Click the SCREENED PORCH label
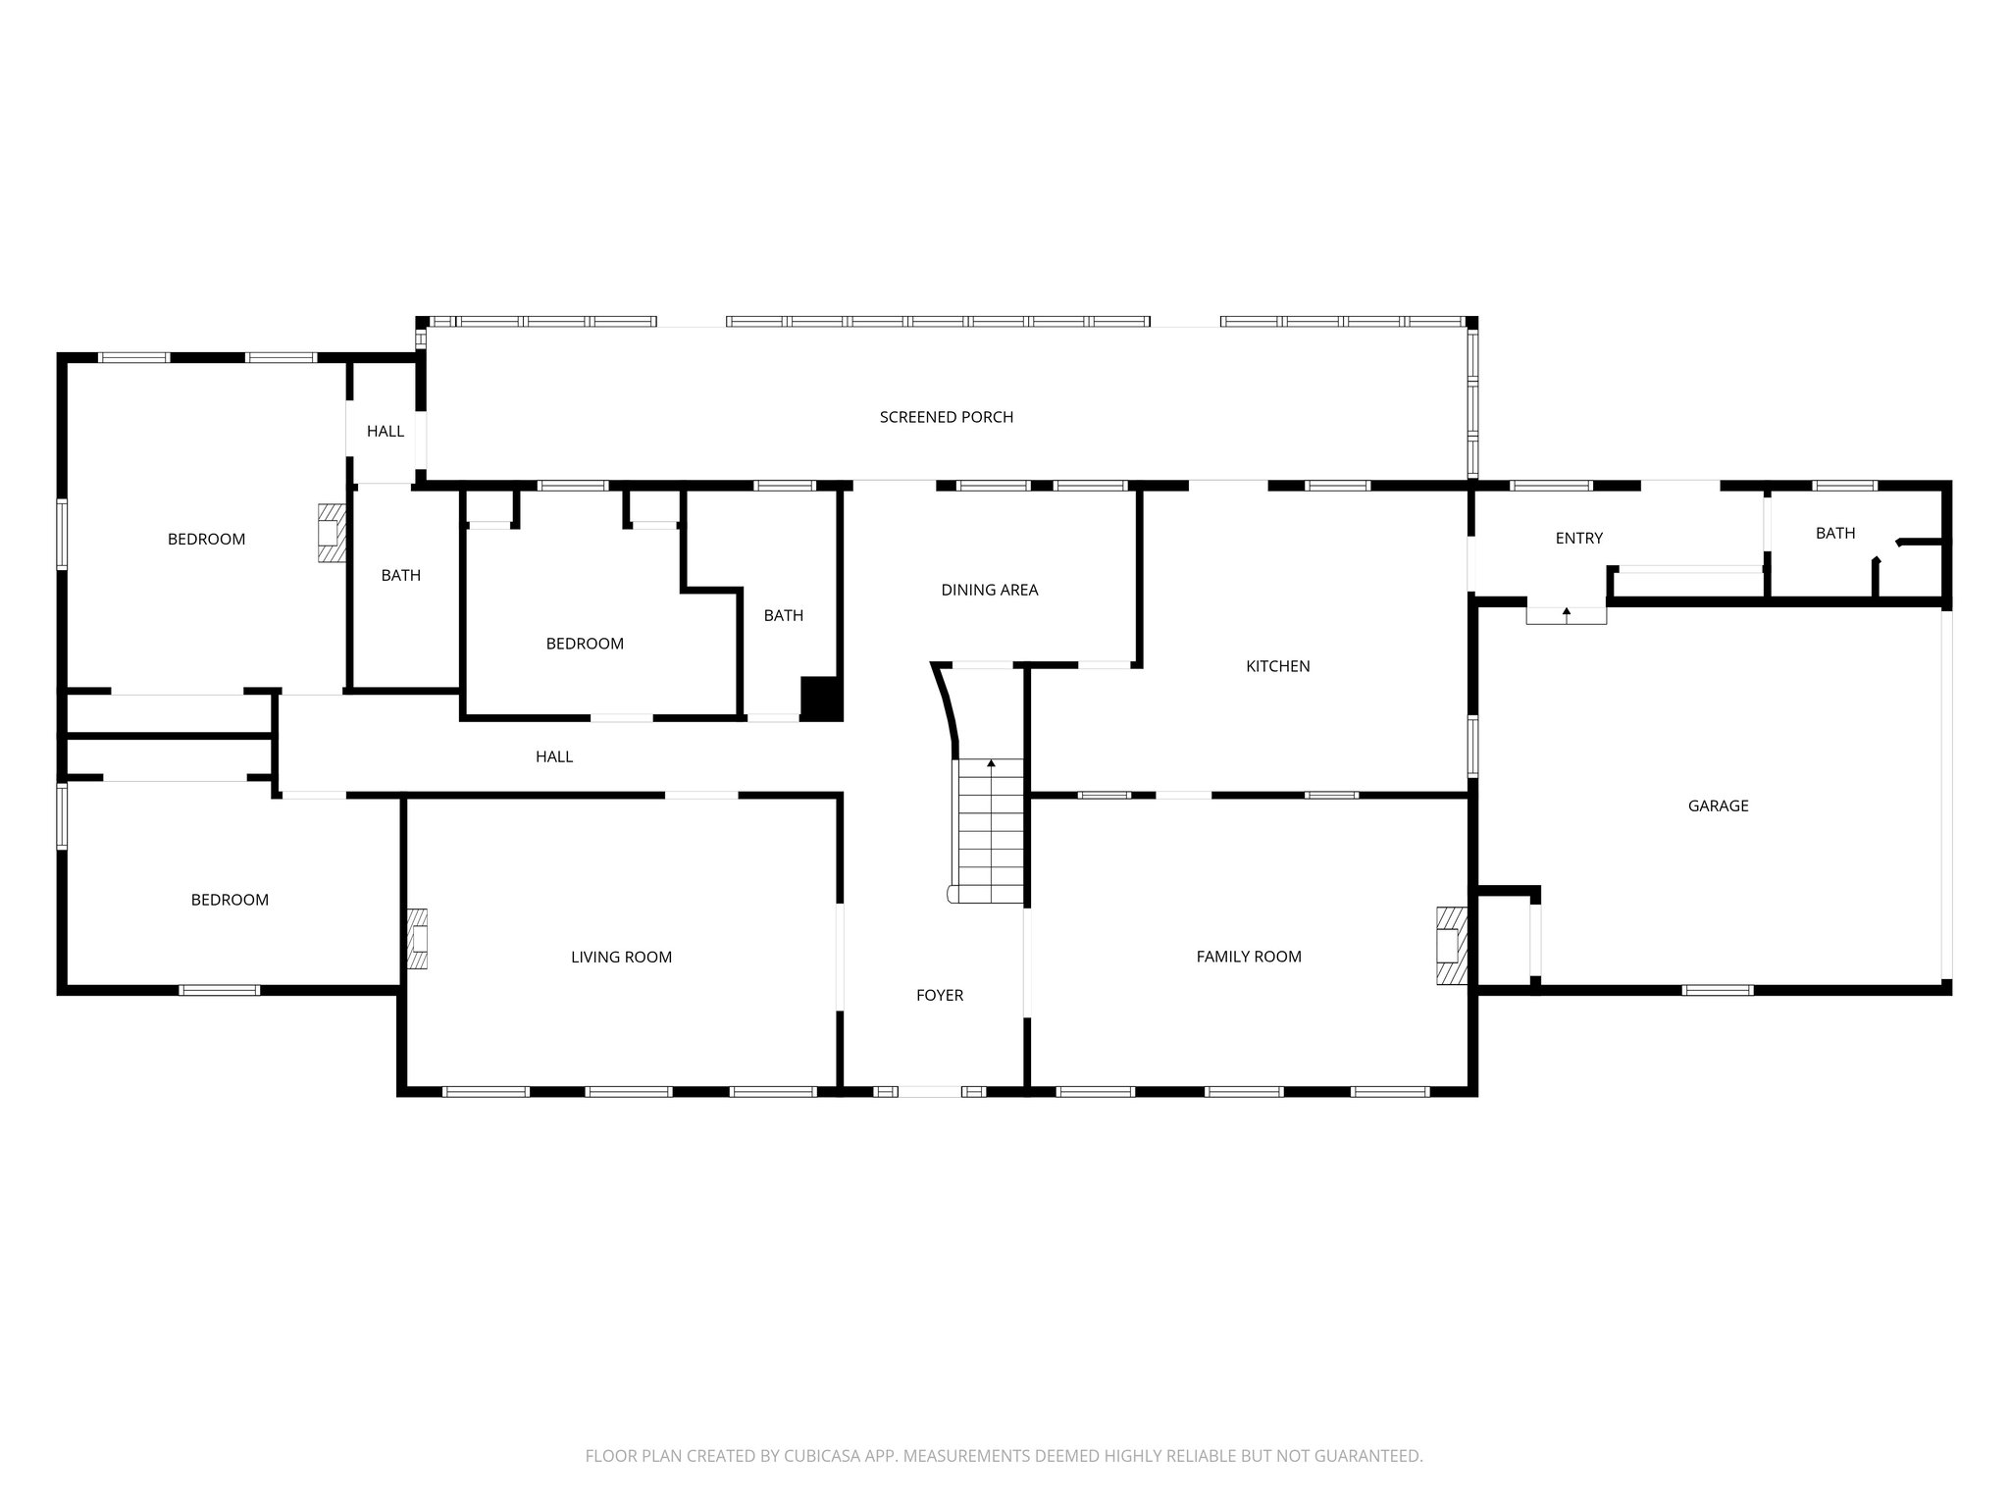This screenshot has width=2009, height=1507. pos(946,417)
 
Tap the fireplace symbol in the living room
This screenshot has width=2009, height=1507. pos(418,939)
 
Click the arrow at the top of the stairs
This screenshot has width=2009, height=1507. pos(991,762)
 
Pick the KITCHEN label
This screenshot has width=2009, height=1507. pos(1277,666)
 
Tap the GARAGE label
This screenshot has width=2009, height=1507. pos(1718,805)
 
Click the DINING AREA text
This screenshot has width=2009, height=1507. pos(989,590)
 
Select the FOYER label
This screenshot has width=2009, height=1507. pos(939,995)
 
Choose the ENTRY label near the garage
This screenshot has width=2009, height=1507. pos(1578,538)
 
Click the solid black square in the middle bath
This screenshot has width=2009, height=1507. pos(821,698)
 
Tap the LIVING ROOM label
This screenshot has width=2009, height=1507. pos(621,957)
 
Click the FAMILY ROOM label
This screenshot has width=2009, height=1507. pos(1248,956)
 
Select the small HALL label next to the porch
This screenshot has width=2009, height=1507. pos(385,431)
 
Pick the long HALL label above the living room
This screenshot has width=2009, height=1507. pos(553,756)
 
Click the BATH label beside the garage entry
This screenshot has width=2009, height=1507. pos(1834,533)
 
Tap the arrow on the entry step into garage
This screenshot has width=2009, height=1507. pos(1566,613)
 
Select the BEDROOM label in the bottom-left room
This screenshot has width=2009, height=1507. pos(230,900)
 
